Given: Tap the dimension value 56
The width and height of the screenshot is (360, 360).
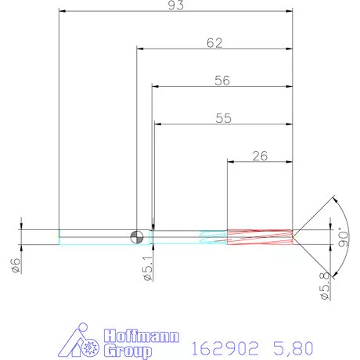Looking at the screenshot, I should click(x=222, y=80).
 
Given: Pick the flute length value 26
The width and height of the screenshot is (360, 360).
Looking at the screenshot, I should click(x=260, y=155).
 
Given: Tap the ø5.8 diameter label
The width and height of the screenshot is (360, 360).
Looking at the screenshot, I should click(x=323, y=289).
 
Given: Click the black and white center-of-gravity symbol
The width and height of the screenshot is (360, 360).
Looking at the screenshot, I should click(x=137, y=236).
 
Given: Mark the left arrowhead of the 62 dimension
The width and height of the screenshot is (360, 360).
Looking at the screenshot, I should click(x=141, y=49).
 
